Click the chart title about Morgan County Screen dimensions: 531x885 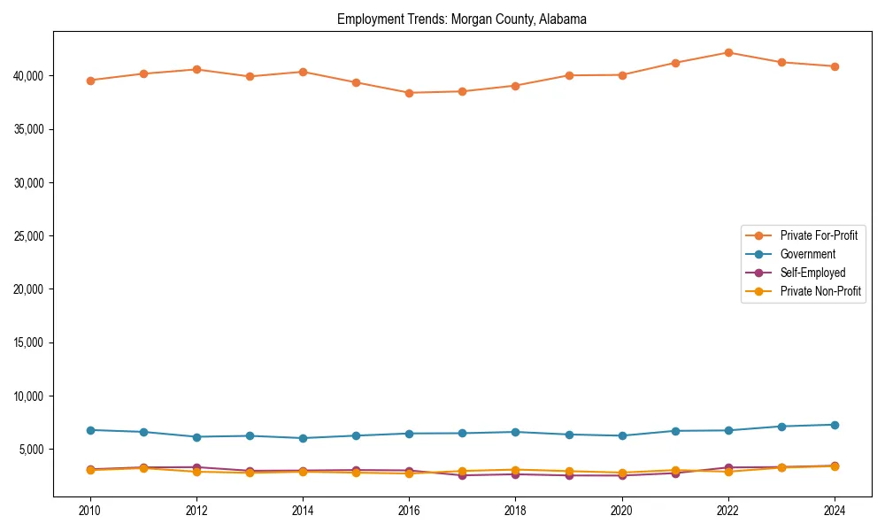click(x=461, y=19)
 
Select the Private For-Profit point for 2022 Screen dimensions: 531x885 click(x=727, y=52)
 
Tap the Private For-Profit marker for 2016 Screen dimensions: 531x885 click(x=409, y=93)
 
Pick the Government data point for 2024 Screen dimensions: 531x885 click(x=834, y=425)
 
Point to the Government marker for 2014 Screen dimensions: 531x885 click(x=303, y=438)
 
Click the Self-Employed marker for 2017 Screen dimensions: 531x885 click(x=462, y=475)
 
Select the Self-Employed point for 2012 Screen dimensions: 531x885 click(x=196, y=467)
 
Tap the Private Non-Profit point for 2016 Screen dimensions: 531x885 click(x=409, y=473)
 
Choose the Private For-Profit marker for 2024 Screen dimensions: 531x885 click(x=834, y=66)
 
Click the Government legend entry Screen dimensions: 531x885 click(x=807, y=254)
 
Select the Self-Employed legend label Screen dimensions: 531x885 click(x=812, y=273)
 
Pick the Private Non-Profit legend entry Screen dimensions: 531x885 click(x=820, y=291)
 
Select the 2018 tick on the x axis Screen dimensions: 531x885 click(x=515, y=510)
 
